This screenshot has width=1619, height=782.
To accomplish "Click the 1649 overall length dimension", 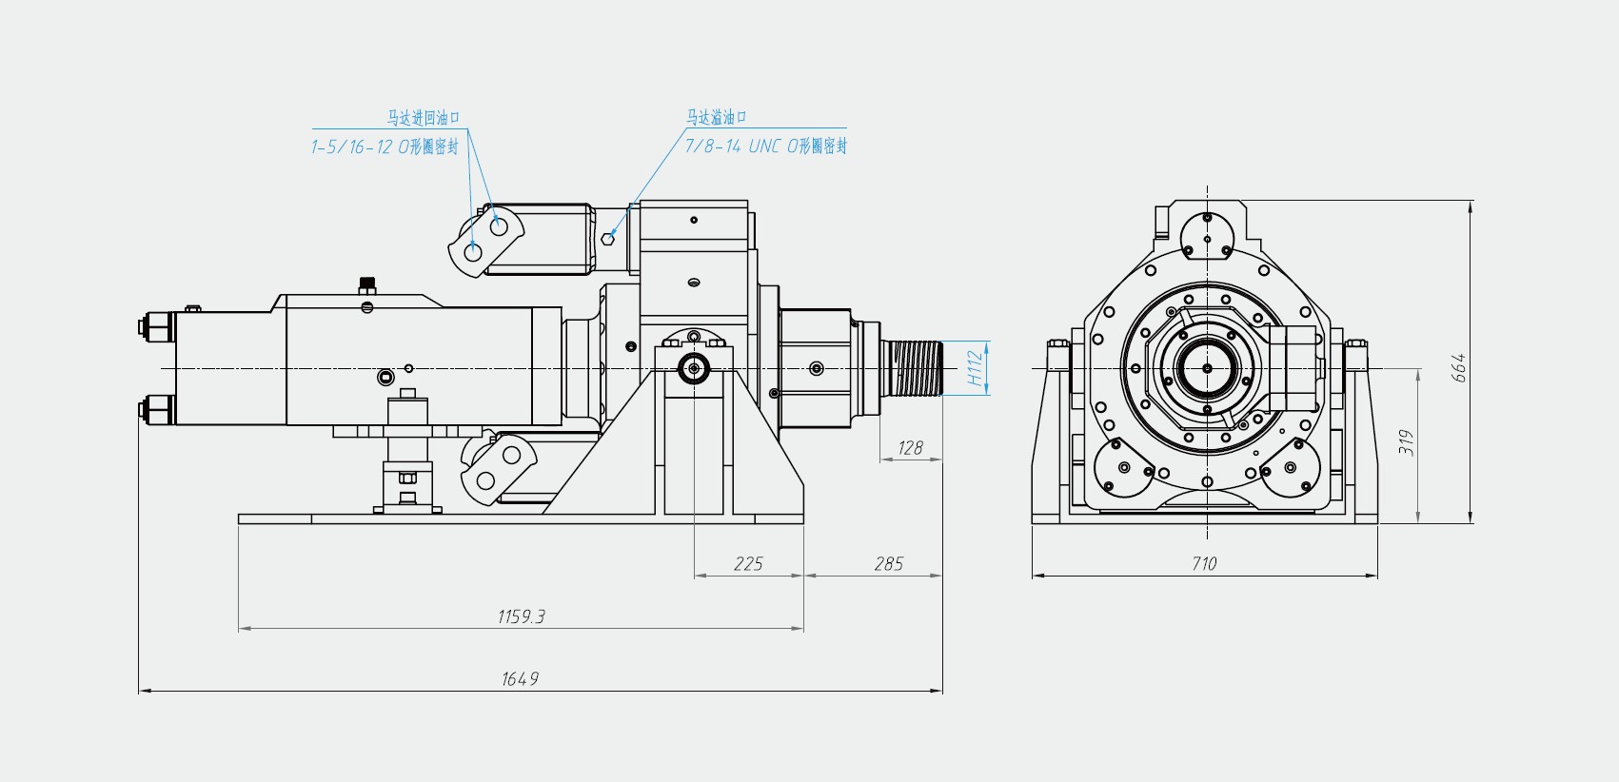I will (520, 679).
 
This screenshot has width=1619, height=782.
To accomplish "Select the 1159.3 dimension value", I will (521, 616).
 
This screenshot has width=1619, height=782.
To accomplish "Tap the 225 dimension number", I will (748, 564).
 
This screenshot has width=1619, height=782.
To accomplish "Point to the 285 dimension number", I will (888, 564).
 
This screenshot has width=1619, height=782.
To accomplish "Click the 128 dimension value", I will (910, 448).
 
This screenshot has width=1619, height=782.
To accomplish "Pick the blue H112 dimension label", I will (975, 367).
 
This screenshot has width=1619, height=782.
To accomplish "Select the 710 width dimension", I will (1204, 563).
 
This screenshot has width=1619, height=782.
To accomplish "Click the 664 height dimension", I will (1458, 367).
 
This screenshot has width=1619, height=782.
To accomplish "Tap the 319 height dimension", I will (1407, 442).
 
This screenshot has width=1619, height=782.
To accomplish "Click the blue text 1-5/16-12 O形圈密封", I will (385, 147).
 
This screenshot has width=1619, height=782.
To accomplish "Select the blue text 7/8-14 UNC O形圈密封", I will (765, 146).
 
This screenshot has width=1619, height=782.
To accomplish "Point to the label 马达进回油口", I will (424, 118).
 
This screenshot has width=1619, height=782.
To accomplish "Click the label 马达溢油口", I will (717, 117).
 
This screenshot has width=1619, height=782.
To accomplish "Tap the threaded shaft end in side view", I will (912, 367).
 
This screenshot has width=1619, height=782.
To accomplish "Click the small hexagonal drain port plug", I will (608, 237).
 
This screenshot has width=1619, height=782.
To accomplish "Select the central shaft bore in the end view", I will (1207, 368).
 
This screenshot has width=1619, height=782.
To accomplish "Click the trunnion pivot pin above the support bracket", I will (694, 368).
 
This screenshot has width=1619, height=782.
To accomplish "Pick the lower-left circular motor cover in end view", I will (1123, 467).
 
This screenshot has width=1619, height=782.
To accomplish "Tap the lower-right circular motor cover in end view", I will (1291, 467).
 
